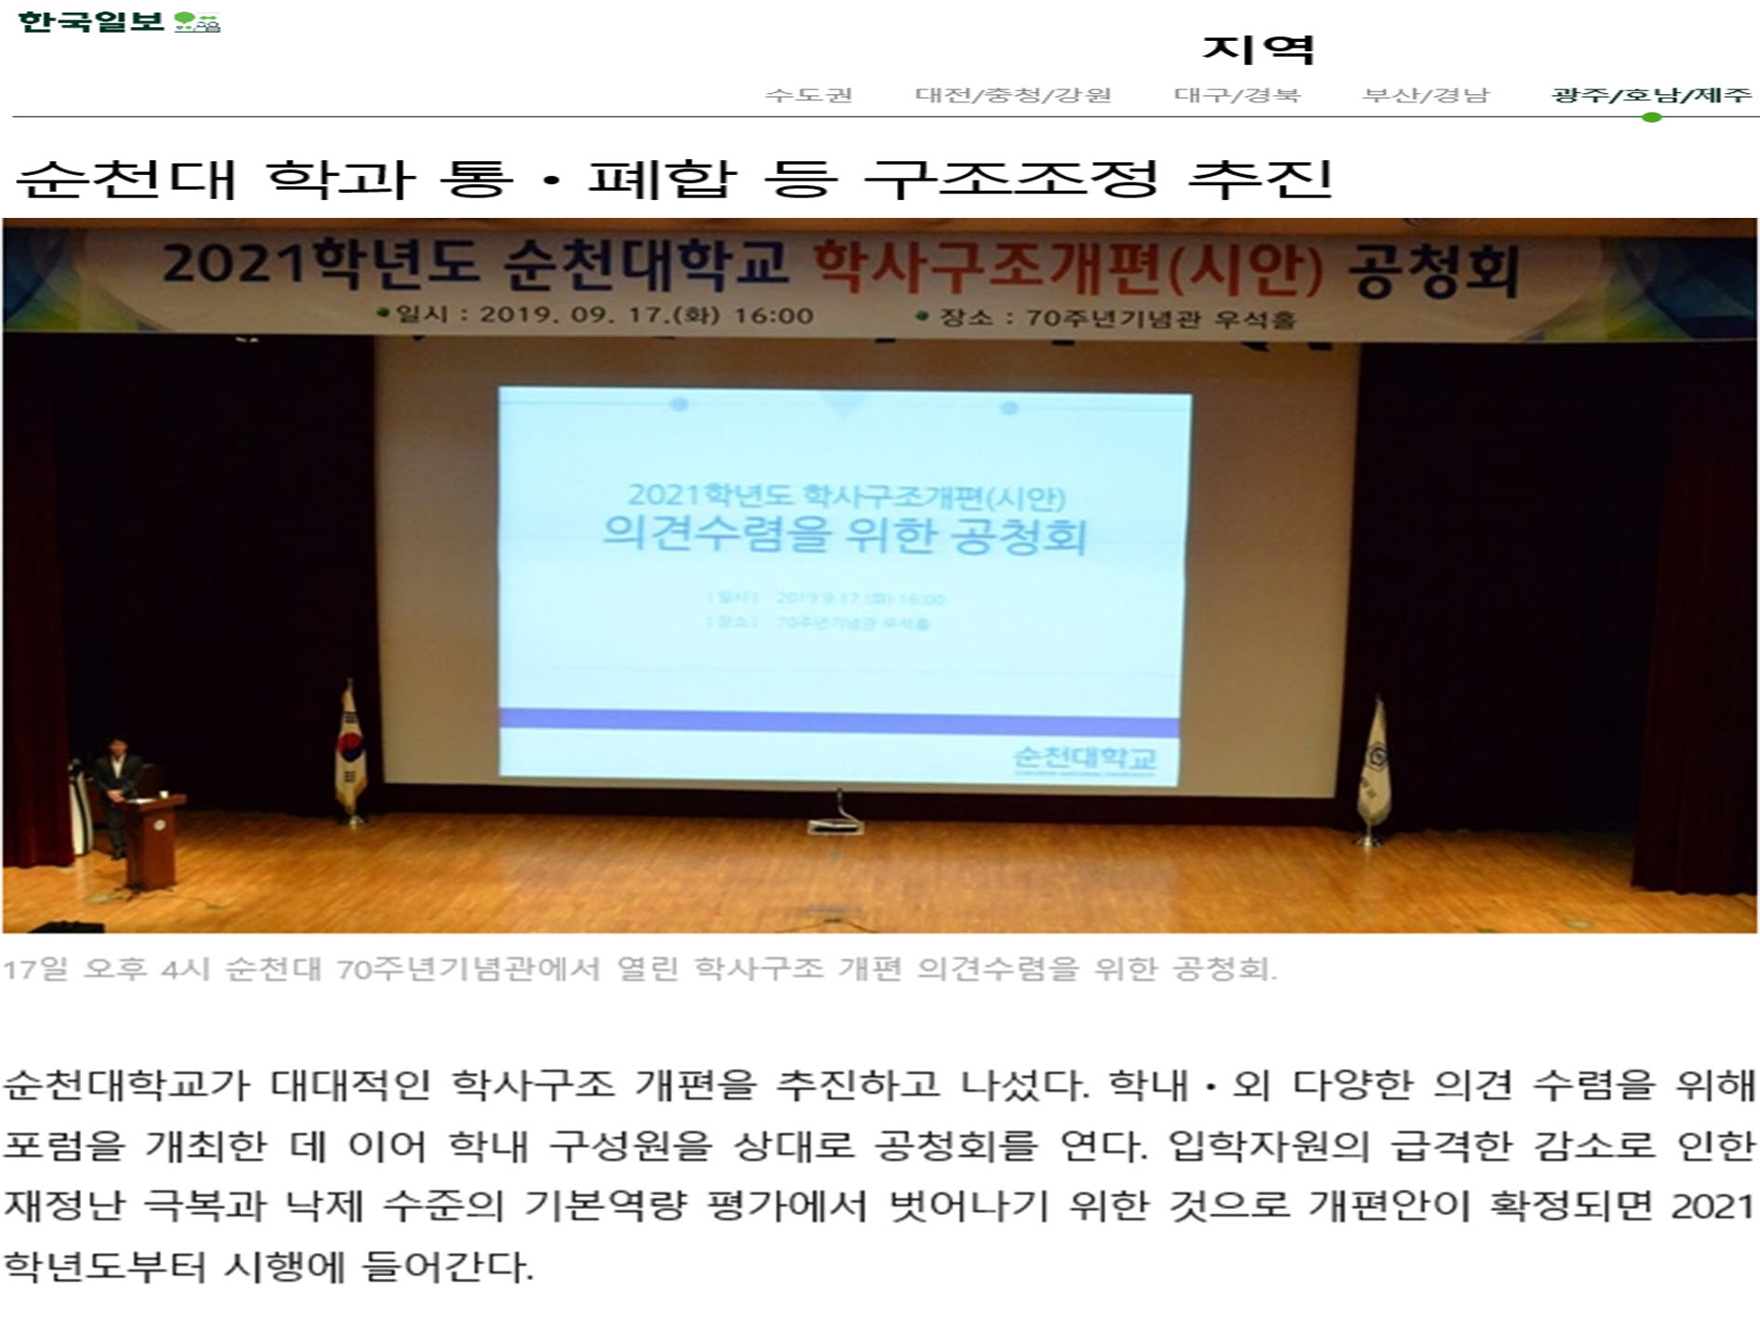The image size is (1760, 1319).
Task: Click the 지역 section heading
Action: click(1257, 49)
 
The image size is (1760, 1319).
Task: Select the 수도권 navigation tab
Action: click(808, 95)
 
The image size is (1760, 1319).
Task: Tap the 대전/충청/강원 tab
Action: click(1013, 95)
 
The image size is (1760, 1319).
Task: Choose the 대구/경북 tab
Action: click(1237, 95)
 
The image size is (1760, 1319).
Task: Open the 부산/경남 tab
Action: click(1426, 95)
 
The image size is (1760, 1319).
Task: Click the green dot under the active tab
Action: click(1652, 117)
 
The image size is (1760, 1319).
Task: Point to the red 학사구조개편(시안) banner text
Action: click(1067, 268)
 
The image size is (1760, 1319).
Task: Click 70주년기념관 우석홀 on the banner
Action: click(1159, 318)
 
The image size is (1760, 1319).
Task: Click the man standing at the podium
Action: click(114, 787)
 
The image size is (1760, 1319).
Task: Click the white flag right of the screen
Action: click(1374, 768)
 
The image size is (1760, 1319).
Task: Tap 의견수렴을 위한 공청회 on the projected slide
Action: click(845, 534)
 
